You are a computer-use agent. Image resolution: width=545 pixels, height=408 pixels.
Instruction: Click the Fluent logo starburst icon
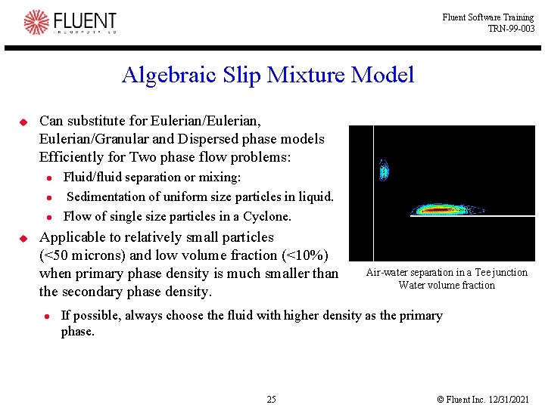click(36, 22)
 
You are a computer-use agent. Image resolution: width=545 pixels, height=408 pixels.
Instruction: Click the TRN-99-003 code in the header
click(511, 29)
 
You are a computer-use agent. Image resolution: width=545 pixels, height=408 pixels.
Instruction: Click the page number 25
click(271, 399)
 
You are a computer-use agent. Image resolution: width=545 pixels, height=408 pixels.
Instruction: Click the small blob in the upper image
click(384, 171)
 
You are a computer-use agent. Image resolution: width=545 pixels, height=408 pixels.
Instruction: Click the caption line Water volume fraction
click(447, 285)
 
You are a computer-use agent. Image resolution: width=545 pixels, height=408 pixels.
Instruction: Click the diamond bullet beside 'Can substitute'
click(23, 122)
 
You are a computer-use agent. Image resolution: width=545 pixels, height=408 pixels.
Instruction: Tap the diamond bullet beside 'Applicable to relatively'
click(23, 238)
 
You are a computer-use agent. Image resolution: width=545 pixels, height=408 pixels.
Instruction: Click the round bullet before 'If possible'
click(47, 317)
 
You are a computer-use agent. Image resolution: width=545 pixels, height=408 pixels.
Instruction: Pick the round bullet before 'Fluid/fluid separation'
click(47, 178)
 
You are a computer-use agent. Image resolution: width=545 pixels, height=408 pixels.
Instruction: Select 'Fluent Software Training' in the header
click(488, 17)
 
